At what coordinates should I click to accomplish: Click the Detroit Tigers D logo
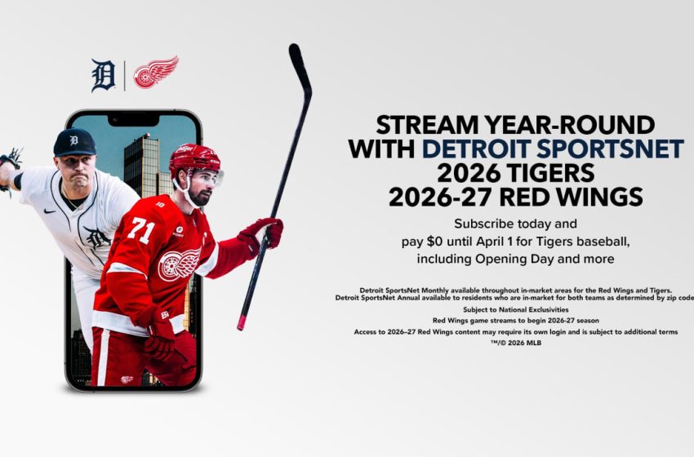[103, 74]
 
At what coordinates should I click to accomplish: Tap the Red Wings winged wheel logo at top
[155, 73]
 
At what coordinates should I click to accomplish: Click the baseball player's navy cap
[74, 141]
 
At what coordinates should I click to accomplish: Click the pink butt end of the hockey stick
[242, 324]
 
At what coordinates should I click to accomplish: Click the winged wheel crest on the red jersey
[178, 264]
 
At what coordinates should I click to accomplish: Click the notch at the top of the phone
[133, 119]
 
